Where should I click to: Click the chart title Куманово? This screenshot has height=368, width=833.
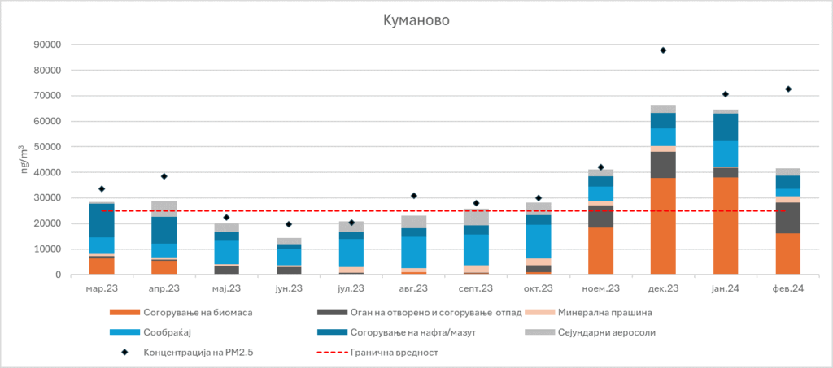(416, 19)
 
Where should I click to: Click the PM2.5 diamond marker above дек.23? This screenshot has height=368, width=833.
(663, 50)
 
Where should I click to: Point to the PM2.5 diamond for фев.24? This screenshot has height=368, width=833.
(788, 89)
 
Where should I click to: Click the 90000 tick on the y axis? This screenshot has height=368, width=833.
(46, 45)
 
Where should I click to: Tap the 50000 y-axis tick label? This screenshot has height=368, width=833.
(46, 147)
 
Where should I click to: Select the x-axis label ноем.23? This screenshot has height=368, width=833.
(600, 288)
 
